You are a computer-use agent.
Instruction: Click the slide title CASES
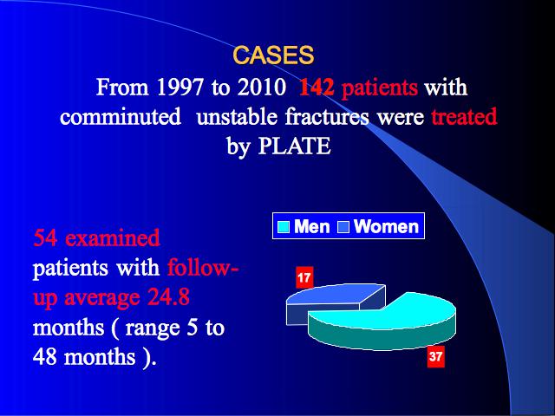pyautogui.click(x=273, y=55)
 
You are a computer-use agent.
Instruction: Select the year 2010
pyautogui.click(x=262, y=87)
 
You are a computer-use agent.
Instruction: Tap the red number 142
pyautogui.click(x=317, y=87)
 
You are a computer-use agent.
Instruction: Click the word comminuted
pyautogui.click(x=121, y=116)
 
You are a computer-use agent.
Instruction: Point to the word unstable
pyautogui.click(x=237, y=116)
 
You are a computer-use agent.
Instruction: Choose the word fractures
pyautogui.click(x=327, y=116)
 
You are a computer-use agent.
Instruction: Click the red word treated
pyautogui.click(x=464, y=116)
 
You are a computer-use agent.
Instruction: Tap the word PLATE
pyautogui.click(x=295, y=146)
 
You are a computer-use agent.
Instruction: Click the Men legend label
pyautogui.click(x=312, y=226)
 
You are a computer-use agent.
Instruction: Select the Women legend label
pyautogui.click(x=386, y=226)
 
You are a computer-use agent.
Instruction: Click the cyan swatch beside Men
pyautogui.click(x=284, y=227)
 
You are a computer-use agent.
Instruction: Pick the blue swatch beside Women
pyautogui.click(x=343, y=227)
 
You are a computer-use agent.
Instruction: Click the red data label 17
pyautogui.click(x=304, y=277)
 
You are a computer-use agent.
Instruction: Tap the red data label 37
pyautogui.click(x=435, y=357)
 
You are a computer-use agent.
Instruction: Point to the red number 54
pyautogui.click(x=46, y=237)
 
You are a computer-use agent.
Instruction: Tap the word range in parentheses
pyautogui.click(x=153, y=328)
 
